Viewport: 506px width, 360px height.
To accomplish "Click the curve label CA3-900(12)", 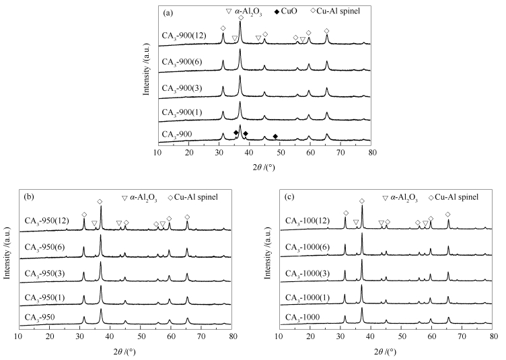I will (184, 36).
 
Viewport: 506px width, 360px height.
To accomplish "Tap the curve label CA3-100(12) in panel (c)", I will (308, 222).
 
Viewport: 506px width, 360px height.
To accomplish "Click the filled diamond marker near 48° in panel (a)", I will (275, 136).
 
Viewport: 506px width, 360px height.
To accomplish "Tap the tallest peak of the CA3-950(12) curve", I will (101, 207).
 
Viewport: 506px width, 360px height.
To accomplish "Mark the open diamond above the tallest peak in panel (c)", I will (362, 201).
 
